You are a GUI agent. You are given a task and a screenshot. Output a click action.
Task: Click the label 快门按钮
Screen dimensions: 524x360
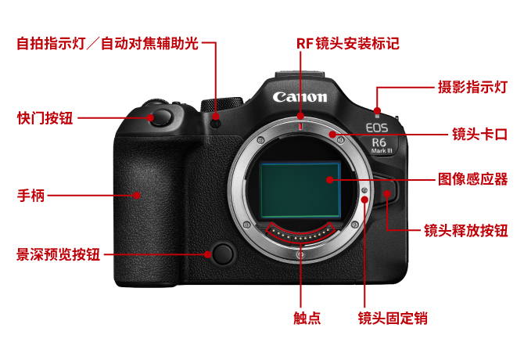45,118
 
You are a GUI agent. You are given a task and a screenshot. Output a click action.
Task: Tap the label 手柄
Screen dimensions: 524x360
31,195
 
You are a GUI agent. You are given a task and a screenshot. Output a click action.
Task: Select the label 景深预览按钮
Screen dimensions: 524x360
59,254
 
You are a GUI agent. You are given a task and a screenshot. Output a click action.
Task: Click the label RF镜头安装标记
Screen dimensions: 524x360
348,44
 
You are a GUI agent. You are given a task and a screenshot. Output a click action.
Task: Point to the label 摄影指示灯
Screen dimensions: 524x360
473,87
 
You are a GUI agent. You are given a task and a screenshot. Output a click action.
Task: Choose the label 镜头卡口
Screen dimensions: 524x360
480,135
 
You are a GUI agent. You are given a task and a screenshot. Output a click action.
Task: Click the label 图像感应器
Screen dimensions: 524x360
473,179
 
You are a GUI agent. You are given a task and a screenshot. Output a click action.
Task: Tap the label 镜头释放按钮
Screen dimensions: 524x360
466,231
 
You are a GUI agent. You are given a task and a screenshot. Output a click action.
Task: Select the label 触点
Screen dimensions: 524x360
307,318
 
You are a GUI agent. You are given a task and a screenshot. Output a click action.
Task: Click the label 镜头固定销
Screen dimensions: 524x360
393,318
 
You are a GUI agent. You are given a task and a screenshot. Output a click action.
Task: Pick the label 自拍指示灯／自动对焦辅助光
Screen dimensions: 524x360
108,44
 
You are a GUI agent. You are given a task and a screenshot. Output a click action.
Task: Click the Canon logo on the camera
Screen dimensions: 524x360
300,97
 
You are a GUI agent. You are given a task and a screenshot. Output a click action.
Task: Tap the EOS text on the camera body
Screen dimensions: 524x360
377,128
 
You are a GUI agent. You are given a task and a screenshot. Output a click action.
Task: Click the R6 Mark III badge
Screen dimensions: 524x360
380,146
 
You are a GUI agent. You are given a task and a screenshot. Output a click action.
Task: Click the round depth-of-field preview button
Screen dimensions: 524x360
223,254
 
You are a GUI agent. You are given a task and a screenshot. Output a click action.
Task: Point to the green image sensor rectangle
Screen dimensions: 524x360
300,190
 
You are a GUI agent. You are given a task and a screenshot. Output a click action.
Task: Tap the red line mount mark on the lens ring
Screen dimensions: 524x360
301,126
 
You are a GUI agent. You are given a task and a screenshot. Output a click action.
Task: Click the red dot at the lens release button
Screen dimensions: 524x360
387,193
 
